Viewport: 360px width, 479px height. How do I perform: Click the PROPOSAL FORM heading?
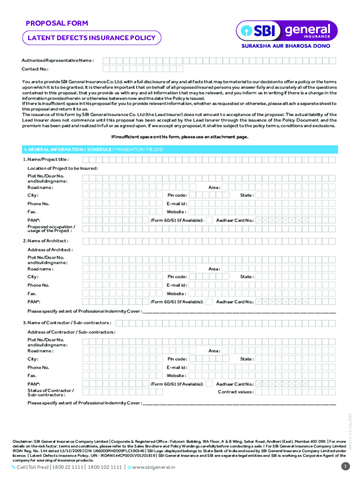tap(57, 23)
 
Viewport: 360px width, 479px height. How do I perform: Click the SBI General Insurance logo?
tap(285, 31)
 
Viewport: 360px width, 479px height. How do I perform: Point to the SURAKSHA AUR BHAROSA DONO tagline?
tap(286, 46)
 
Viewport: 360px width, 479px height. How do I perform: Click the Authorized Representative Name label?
tap(58, 61)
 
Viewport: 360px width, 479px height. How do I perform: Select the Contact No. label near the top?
tap(35, 69)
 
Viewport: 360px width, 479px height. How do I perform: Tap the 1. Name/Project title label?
tap(46, 160)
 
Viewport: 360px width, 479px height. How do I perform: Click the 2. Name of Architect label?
tap(45, 241)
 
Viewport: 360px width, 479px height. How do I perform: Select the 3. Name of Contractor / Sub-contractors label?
tap(67, 323)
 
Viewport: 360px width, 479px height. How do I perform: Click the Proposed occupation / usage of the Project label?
tap(50, 229)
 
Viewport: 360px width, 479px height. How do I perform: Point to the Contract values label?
tap(236, 392)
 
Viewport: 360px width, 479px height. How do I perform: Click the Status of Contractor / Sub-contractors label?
tap(50, 392)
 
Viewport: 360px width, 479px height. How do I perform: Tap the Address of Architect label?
tap(50, 250)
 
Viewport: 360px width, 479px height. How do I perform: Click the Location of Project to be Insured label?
tap(62, 168)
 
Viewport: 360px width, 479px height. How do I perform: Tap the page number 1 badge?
tap(346, 466)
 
